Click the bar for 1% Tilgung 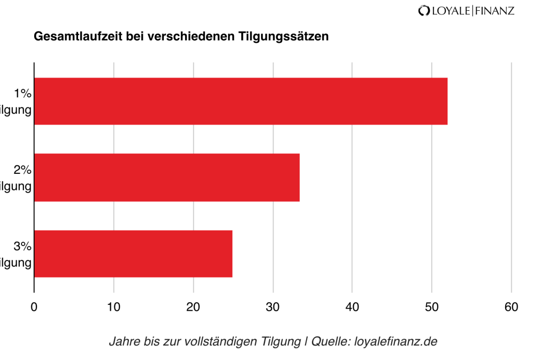click(x=241, y=101)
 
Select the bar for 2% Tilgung click(x=167, y=178)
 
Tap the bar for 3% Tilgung click(x=133, y=254)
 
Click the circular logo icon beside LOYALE click(x=424, y=10)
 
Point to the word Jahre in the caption click(x=122, y=341)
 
